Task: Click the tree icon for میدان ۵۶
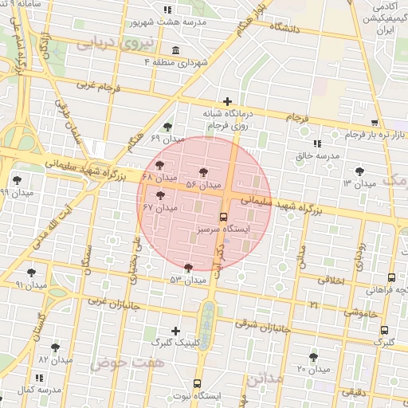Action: point(205,171)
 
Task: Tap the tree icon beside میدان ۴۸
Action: point(160,165)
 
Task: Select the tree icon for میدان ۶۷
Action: point(160,194)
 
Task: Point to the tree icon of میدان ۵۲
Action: point(188,268)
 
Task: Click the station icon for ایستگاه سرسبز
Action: point(222,216)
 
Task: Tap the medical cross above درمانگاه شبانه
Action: point(228,101)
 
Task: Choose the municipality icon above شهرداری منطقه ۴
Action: point(175,50)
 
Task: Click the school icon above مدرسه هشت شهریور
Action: point(167,10)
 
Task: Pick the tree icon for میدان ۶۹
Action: point(167,127)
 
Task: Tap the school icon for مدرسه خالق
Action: point(317,143)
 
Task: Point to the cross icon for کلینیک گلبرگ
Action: point(176,330)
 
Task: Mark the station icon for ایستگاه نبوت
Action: point(198,382)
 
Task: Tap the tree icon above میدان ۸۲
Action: point(55,347)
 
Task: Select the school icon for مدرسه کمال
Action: point(40,378)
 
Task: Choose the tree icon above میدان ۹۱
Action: point(31,273)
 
